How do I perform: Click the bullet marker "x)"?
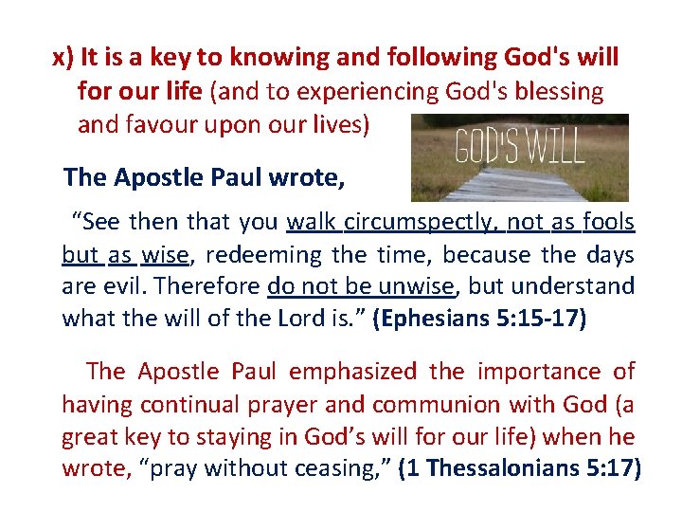(x=63, y=58)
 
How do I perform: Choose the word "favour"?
(x=165, y=124)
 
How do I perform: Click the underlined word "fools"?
(x=608, y=223)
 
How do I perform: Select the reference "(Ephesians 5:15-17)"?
(x=480, y=318)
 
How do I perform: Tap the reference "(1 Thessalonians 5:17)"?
(x=519, y=468)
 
